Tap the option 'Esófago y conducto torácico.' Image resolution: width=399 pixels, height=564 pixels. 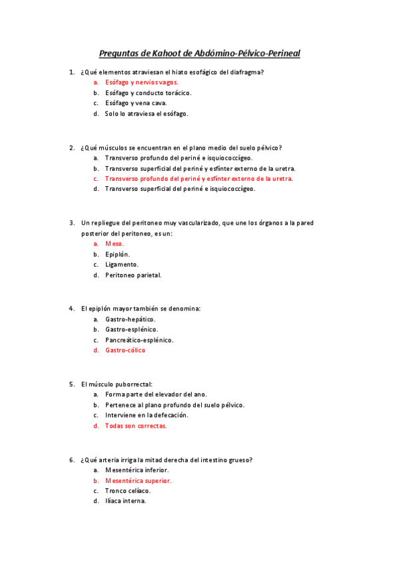(148, 92)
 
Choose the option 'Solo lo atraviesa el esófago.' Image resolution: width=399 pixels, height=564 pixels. (147, 114)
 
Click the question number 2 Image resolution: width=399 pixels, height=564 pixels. (71, 148)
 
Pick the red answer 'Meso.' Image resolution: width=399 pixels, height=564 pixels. (115, 243)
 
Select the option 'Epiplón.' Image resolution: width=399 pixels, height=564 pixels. (117, 254)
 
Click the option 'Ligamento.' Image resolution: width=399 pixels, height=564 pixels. (122, 265)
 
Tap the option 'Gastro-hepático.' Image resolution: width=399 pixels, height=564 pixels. (131, 319)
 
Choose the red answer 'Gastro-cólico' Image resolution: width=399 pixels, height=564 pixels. (125, 351)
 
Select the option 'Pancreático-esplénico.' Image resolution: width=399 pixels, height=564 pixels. (139, 340)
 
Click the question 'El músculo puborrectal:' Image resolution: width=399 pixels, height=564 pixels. (117, 384)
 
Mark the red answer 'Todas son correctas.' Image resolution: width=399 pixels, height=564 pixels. (136, 426)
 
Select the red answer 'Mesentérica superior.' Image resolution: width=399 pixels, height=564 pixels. (138, 480)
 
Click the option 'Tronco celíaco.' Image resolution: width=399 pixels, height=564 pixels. (128, 491)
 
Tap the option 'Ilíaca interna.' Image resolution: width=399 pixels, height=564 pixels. (125, 501)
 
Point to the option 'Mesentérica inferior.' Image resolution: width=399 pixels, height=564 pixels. (137, 470)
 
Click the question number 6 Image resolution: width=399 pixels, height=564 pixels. (71, 459)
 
